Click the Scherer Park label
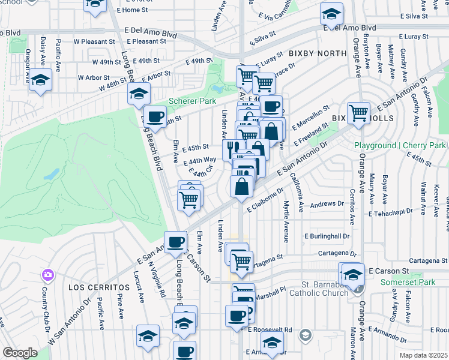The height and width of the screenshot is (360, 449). coord(192,101)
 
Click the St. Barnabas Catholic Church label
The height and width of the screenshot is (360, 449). coord(318,289)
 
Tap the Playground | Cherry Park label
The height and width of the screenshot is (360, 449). coord(400,146)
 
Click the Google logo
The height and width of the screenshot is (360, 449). coord(20,353)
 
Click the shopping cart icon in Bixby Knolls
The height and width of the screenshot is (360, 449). coord(358,112)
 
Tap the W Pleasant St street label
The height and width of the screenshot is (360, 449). coord(92,41)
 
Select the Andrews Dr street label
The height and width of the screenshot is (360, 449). coord(327,204)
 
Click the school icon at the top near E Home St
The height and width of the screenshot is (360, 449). coord(94,5)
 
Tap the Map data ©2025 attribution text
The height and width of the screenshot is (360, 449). coord(424,355)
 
